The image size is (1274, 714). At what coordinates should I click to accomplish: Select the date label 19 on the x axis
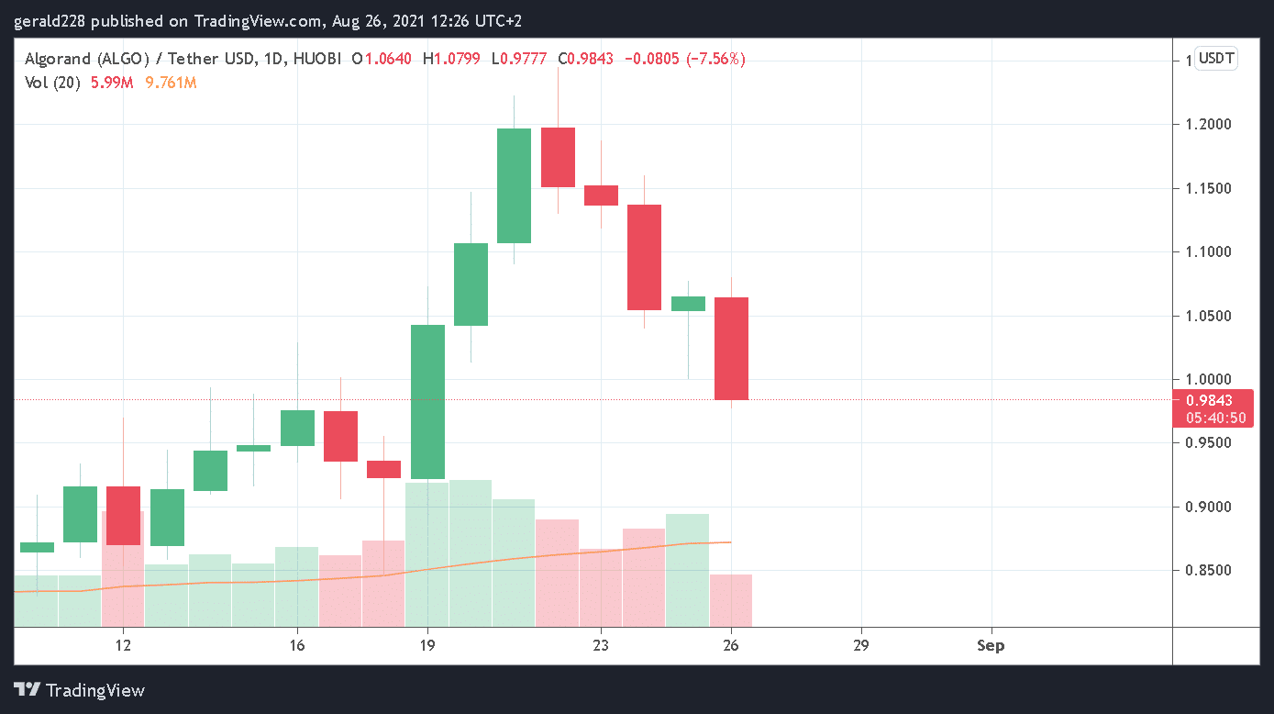(x=427, y=645)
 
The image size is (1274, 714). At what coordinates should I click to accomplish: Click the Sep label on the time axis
(x=991, y=645)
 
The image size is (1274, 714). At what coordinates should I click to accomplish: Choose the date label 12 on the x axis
(x=123, y=645)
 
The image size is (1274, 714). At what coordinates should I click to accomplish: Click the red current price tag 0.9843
(x=1209, y=400)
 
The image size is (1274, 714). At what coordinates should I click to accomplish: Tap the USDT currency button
(x=1217, y=60)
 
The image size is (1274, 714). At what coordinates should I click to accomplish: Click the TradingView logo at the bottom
(x=80, y=690)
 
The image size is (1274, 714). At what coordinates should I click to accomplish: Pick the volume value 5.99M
(x=112, y=83)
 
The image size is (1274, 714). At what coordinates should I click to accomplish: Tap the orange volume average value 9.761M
(x=171, y=83)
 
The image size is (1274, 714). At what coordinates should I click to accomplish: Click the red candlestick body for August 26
(x=732, y=349)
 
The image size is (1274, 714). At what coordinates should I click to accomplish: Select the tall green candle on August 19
(x=427, y=402)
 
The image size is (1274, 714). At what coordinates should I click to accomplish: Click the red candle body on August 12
(x=123, y=516)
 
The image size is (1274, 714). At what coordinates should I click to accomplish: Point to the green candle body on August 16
(x=297, y=428)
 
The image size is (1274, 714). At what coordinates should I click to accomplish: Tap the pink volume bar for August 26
(x=732, y=600)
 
